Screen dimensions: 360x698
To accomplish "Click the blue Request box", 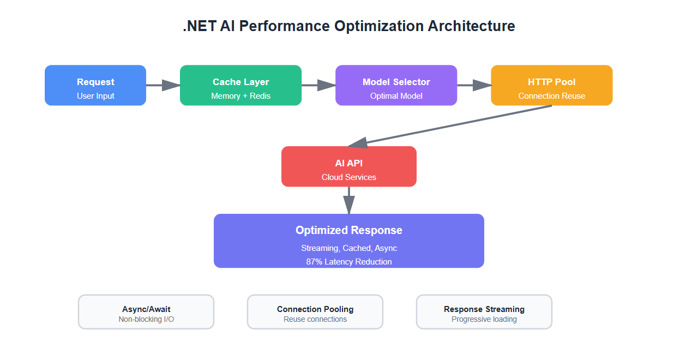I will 95,85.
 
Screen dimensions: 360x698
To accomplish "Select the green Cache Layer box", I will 240,85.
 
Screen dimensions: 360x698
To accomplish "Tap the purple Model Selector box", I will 396,85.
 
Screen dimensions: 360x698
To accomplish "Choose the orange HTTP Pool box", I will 551,85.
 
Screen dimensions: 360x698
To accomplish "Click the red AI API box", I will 348,166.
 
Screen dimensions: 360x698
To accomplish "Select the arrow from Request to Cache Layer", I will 163,85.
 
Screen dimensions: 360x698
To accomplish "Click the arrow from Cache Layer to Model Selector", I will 318,85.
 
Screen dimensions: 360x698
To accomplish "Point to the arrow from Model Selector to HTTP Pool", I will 473,85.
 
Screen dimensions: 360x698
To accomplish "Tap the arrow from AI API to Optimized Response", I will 349,200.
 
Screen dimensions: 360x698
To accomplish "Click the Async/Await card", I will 146,312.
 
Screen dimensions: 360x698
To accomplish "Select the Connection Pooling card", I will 315,312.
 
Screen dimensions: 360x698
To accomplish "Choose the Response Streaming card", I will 484,312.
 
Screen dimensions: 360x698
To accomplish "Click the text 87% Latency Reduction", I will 349,262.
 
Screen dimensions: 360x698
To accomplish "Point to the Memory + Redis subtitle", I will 240,96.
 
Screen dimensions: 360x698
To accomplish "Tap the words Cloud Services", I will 349,177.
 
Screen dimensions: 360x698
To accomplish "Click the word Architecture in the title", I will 471,26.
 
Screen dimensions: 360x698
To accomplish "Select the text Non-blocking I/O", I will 146,319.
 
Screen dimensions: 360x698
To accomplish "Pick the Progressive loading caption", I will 484,319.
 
